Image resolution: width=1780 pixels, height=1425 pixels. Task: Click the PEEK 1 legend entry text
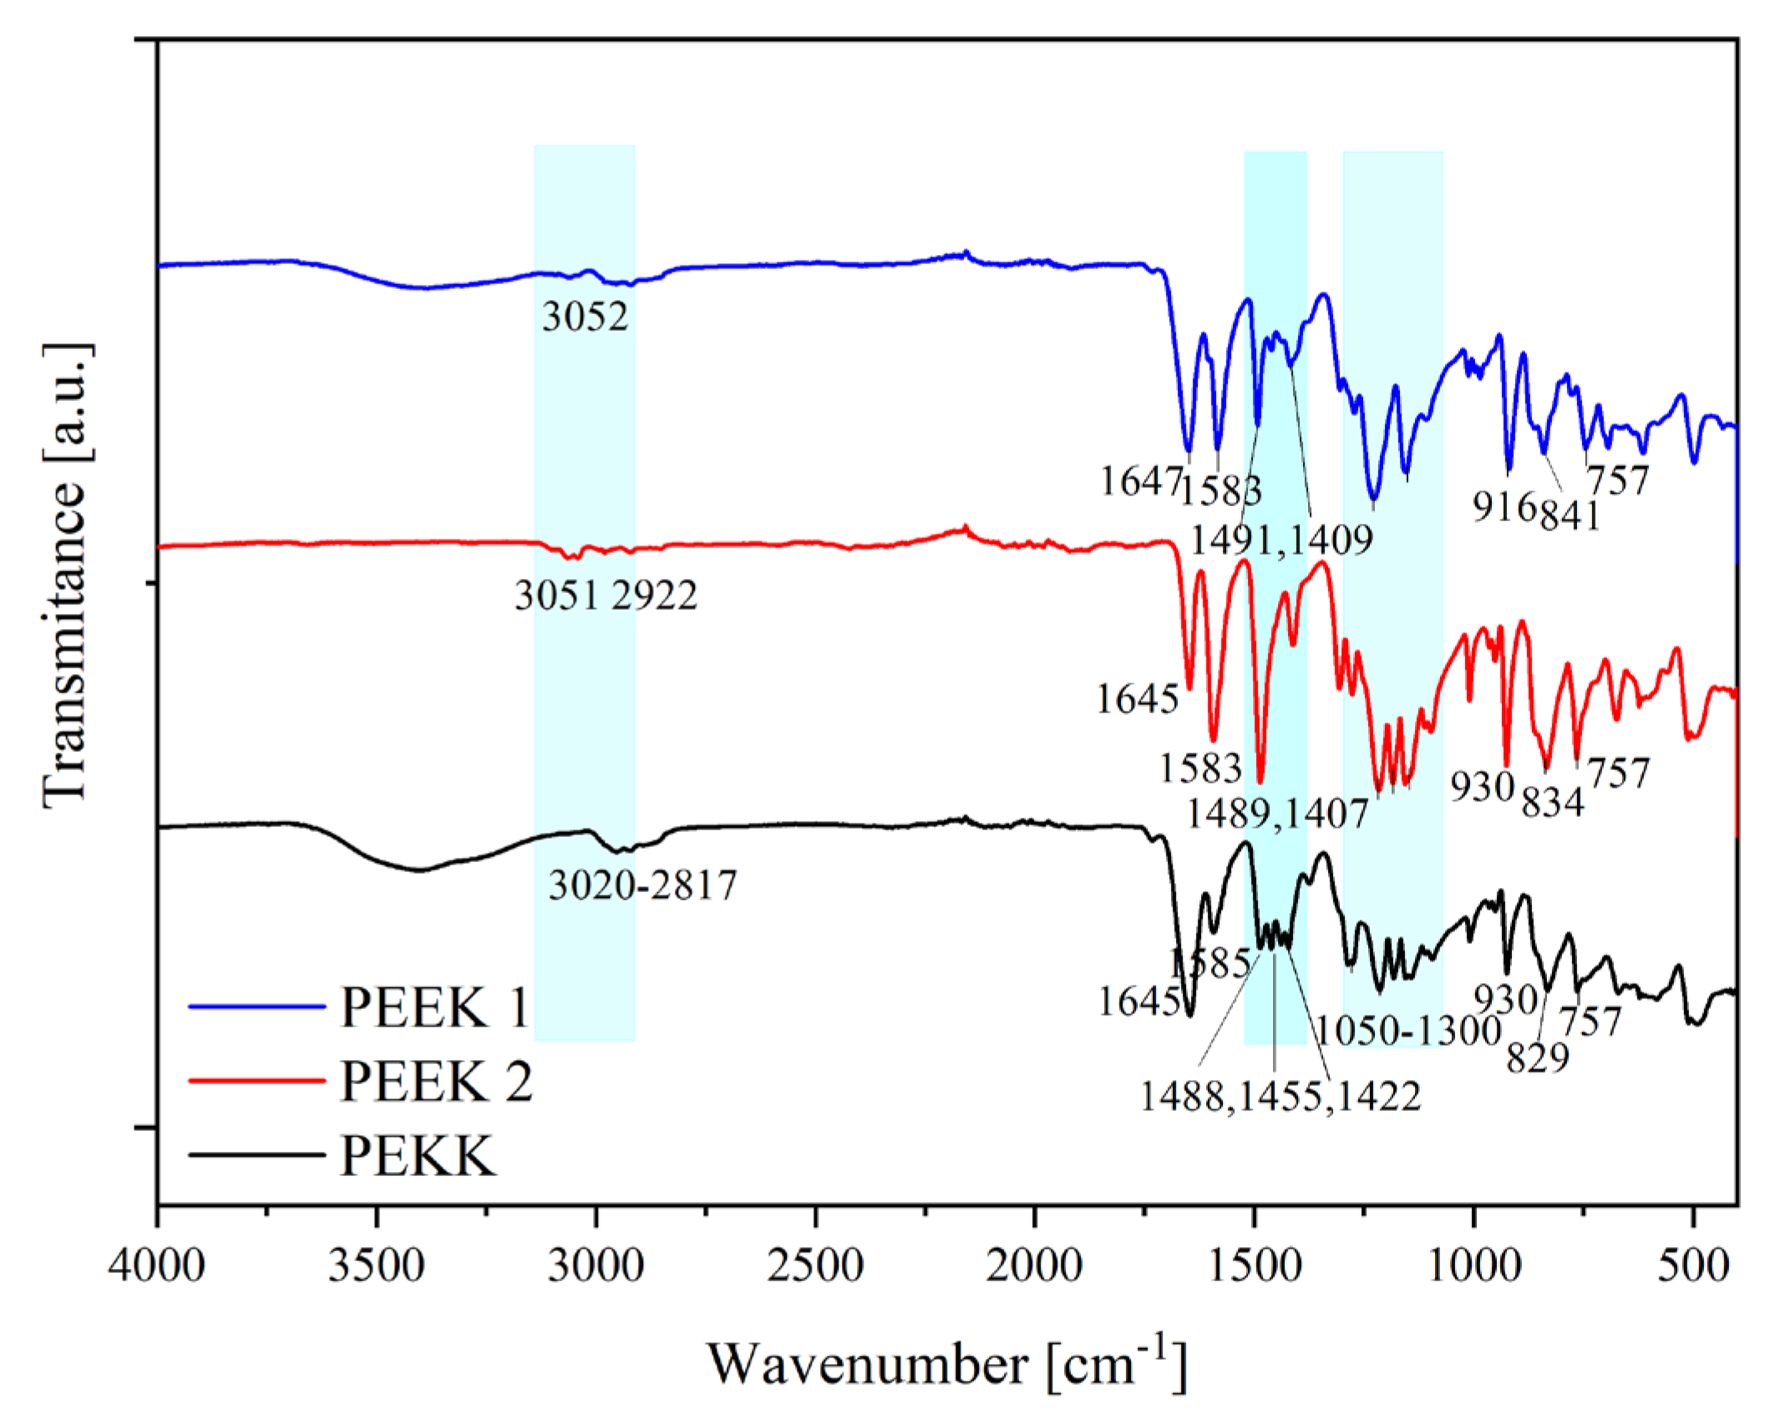tap(434, 1007)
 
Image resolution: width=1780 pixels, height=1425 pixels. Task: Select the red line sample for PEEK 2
tap(256, 1081)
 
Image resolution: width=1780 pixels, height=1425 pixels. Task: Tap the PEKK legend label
tap(418, 1156)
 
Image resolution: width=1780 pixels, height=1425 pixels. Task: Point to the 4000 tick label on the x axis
tap(157, 1266)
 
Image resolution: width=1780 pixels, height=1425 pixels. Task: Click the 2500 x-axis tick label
tap(815, 1266)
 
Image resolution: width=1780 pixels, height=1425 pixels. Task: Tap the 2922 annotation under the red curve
tap(654, 596)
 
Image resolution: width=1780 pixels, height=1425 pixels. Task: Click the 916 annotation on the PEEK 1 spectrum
tap(1504, 506)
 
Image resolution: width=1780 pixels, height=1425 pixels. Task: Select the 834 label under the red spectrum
tap(1552, 803)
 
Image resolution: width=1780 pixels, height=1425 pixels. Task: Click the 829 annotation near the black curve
tap(1538, 1059)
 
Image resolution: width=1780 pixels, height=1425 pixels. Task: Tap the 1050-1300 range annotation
tap(1409, 1032)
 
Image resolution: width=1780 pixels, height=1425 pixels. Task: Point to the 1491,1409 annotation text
tap(1281, 541)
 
